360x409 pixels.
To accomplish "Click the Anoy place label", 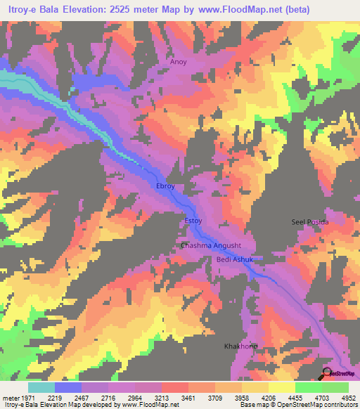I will click(179, 62).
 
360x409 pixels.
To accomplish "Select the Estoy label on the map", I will click(193, 221).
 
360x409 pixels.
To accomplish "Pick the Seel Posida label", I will click(310, 221).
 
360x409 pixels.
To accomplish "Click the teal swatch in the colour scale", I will click(41, 387).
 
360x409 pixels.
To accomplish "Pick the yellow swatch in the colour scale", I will click(281, 387).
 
